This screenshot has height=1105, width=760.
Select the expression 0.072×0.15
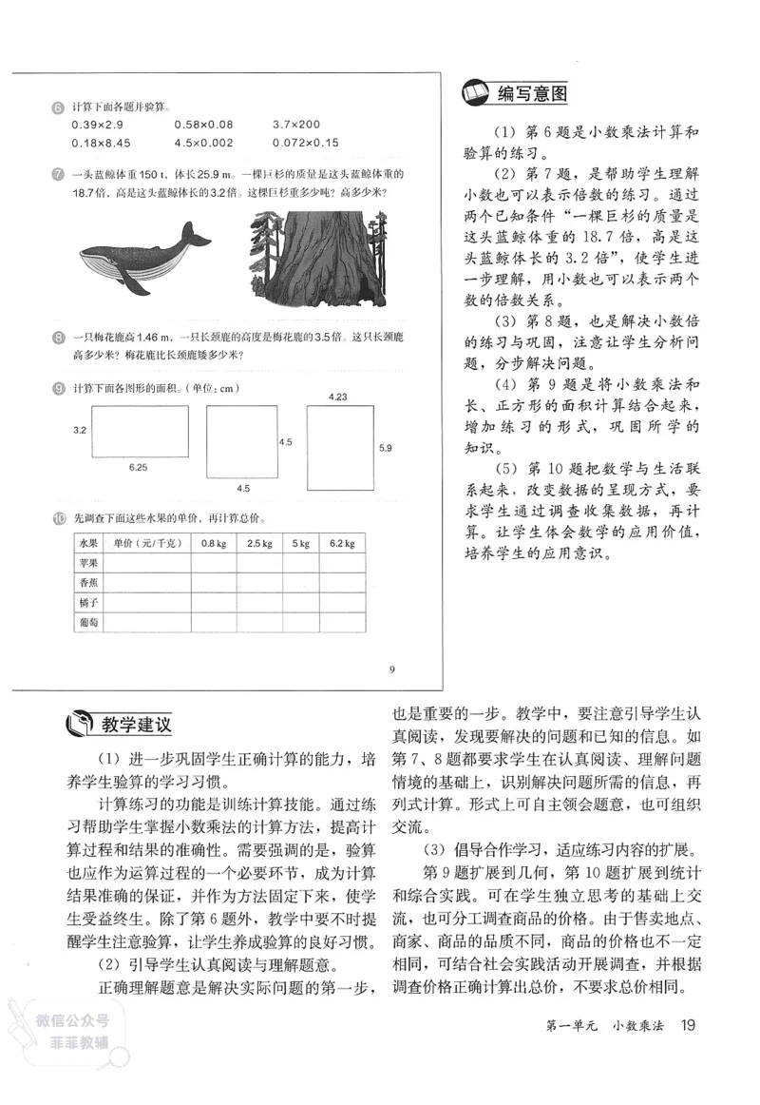305,144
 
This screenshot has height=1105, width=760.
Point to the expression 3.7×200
295,125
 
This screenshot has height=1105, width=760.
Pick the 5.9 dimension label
385,447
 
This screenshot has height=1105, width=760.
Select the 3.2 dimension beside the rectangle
80,431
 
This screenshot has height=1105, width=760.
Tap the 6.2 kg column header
342,543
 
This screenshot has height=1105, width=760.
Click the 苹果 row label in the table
89,562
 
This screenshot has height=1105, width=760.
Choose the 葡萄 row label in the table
89,623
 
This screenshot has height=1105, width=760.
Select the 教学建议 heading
137,725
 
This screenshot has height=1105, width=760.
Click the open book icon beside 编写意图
474,93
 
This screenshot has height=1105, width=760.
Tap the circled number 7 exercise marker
59,175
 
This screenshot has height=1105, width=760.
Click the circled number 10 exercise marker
59,518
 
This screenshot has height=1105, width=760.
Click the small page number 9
391,669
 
